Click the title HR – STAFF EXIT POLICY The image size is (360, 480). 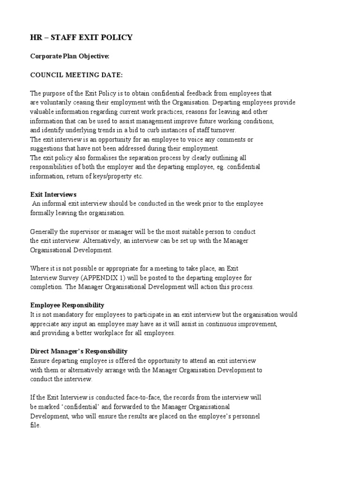[x=81, y=37]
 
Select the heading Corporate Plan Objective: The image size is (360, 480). [x=70, y=56]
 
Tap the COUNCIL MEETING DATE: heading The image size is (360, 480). [x=77, y=75]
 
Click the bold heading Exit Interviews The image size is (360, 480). [x=53, y=195]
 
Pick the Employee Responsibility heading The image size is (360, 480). [x=67, y=305]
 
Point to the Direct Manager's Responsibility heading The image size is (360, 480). [x=79, y=351]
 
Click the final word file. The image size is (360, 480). [x=36, y=426]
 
